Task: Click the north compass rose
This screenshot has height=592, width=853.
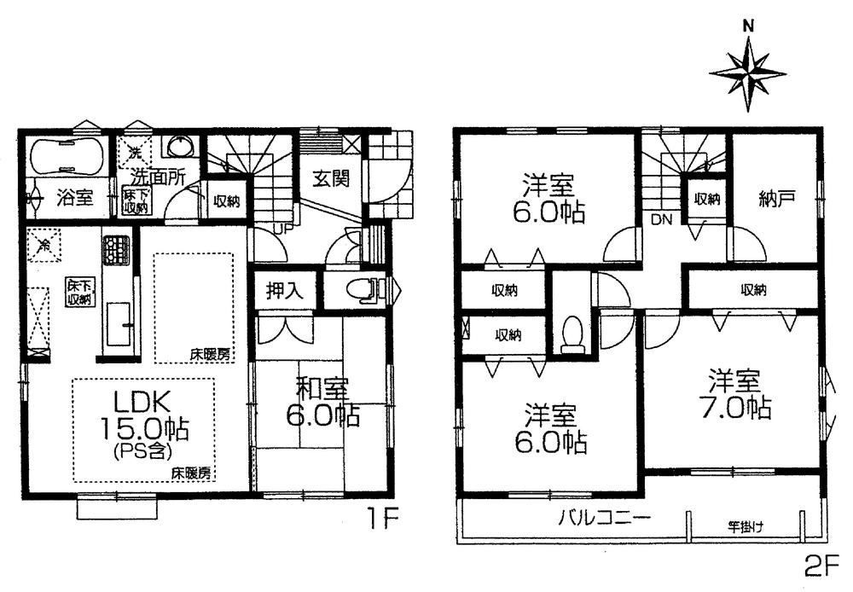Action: point(747,72)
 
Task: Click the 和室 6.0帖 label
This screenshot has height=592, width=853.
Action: point(322,402)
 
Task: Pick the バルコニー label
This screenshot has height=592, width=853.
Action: point(606,517)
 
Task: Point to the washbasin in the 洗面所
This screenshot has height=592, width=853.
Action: point(181,147)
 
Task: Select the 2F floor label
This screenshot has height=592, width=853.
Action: point(824,565)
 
